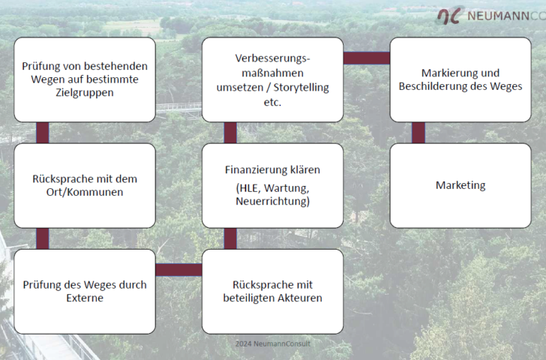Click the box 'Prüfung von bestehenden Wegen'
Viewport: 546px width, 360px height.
[x=85, y=79]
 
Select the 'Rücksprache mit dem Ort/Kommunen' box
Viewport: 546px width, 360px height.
[x=85, y=185]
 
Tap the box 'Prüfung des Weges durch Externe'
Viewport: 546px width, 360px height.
[x=85, y=291]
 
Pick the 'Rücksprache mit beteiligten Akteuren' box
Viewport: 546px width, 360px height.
[x=272, y=291]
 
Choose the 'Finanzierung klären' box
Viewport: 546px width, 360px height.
[x=272, y=185]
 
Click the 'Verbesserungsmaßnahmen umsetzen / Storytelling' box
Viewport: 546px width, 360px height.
[x=272, y=79]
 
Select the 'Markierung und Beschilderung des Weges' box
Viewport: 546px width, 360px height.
[x=460, y=79]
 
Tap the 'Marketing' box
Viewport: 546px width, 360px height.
[x=460, y=185]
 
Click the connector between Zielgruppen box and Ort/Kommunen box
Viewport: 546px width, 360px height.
[x=43, y=133]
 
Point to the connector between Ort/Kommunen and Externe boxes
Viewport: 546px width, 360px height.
[x=43, y=238]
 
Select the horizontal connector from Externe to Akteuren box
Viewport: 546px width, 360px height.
[x=178, y=270]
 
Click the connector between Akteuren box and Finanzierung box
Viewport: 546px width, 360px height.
[x=230, y=238]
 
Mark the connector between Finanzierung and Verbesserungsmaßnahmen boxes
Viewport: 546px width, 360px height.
[x=230, y=133]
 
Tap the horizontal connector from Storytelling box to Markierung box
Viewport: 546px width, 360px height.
[x=366, y=58]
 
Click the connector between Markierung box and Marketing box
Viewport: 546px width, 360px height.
[x=418, y=133]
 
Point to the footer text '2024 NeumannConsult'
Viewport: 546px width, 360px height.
[x=272, y=343]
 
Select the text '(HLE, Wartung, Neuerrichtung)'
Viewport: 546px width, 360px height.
[x=272, y=195]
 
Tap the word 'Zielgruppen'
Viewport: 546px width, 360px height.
[x=85, y=93]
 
